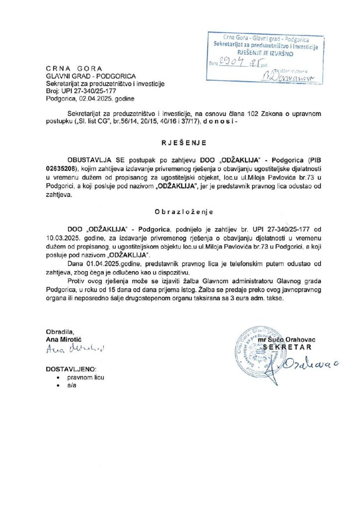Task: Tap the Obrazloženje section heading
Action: (180, 211)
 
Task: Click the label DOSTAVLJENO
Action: (71, 369)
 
